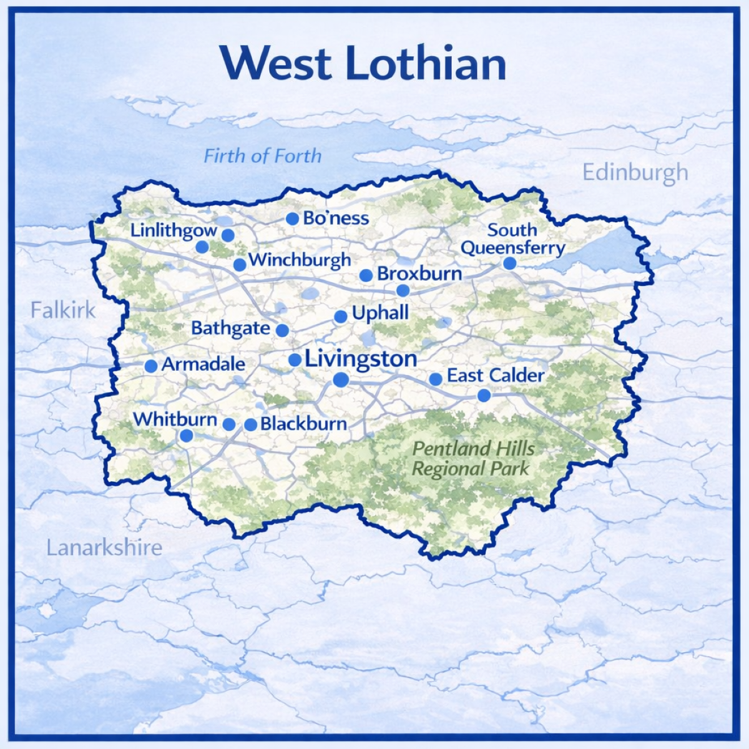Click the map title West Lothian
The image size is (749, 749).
363,62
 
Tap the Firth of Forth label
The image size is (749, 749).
263,155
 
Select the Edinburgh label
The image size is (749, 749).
635,172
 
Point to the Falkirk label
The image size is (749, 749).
63,310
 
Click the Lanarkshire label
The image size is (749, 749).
104,547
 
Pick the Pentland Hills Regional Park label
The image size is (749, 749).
473,458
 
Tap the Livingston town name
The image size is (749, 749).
361,359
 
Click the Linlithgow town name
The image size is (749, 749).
174,230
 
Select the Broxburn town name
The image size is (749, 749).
419,273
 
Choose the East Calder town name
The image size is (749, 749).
496,376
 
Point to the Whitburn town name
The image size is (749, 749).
175,419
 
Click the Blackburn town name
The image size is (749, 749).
303,424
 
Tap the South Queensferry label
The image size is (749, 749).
512,239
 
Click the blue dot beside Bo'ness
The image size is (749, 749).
292,218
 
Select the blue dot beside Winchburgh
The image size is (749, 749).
239,265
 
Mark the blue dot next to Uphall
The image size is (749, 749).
340,316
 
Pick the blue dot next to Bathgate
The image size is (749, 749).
282,330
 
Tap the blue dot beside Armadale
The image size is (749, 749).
151,366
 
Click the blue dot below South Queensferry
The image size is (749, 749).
509,263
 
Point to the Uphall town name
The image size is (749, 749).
380,313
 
